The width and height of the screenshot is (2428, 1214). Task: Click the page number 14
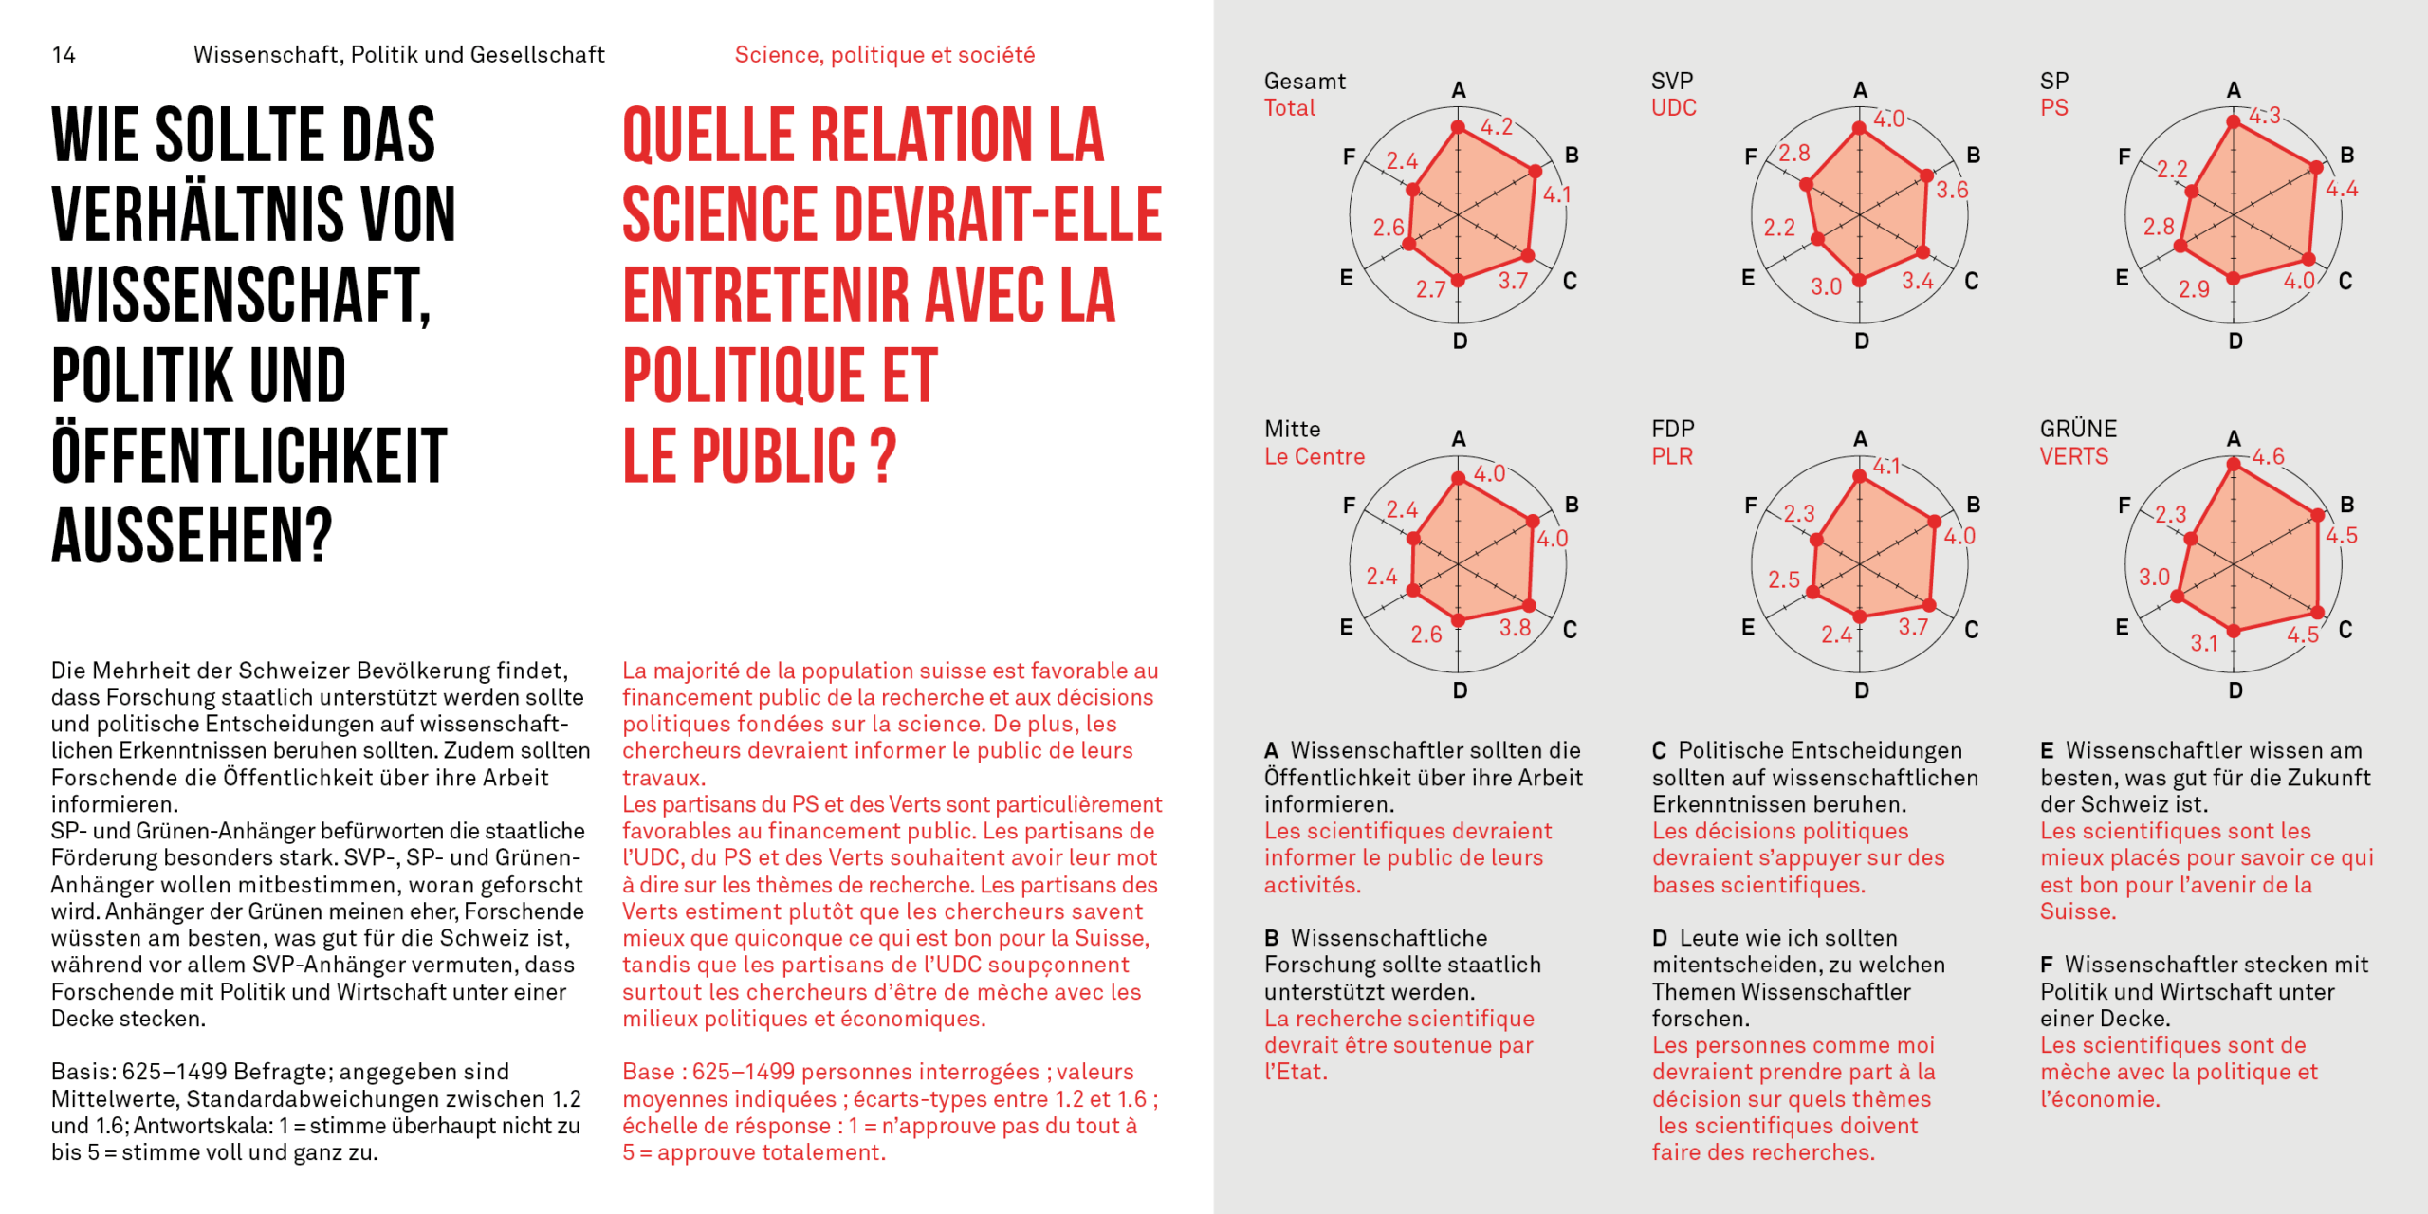coord(64,55)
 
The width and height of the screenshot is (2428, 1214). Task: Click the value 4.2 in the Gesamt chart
coord(1497,126)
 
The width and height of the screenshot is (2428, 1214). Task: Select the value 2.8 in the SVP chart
coord(1793,153)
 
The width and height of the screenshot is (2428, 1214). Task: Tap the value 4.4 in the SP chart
coord(2342,188)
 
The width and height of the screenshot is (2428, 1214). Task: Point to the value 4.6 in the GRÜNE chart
coord(2269,456)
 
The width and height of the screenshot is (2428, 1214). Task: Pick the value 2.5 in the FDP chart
coord(1783,579)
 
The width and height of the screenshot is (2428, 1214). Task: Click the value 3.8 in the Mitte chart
coord(1515,627)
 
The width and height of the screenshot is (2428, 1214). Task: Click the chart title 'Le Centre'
coord(1314,456)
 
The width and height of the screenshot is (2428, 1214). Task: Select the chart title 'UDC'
coord(1673,107)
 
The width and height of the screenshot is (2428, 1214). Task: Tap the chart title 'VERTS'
coord(2074,456)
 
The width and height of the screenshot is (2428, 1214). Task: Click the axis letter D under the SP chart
coord(2235,341)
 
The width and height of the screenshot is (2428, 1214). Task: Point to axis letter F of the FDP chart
coord(1751,506)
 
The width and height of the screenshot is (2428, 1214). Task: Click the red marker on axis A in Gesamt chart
coord(1459,127)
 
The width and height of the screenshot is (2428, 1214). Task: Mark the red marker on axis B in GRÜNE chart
coord(2318,515)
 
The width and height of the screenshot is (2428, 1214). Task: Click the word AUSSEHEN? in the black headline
coord(192,536)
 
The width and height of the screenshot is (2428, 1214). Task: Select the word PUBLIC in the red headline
coord(774,456)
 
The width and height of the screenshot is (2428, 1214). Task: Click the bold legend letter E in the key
coord(2047,751)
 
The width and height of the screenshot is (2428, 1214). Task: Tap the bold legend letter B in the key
coord(1271,939)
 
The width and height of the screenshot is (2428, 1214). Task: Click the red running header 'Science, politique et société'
coord(884,55)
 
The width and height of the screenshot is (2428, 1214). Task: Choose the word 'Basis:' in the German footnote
coord(83,1072)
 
